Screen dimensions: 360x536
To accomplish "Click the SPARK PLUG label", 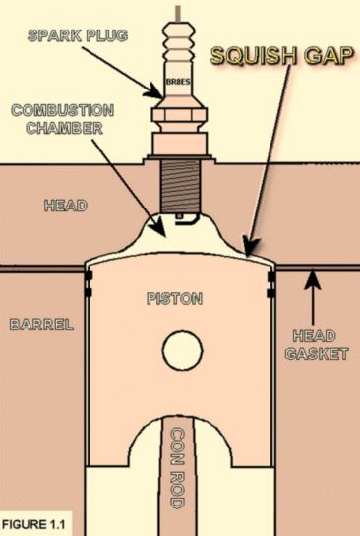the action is [78, 35].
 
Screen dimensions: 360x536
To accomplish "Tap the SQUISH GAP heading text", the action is [281, 55].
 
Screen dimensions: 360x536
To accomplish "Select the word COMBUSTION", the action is [63, 110].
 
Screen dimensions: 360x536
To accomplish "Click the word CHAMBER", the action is [64, 128].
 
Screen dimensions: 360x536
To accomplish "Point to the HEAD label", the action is [65, 206].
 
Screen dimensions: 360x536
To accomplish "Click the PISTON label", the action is [174, 299].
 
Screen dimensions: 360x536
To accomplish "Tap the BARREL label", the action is [41, 325].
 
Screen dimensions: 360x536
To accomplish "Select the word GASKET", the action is [317, 354].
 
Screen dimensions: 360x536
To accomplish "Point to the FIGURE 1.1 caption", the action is [33, 524].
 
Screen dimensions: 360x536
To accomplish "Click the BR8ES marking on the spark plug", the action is [177, 82].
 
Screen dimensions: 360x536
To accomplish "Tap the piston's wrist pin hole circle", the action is [182, 350].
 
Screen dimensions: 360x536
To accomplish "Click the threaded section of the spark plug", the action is [180, 186].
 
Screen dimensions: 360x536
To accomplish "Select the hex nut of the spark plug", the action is [179, 115].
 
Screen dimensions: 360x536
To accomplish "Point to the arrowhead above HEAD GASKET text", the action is [312, 280].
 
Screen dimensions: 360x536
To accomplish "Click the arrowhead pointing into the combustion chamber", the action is [159, 227].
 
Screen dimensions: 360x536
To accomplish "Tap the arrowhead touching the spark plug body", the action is [153, 91].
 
